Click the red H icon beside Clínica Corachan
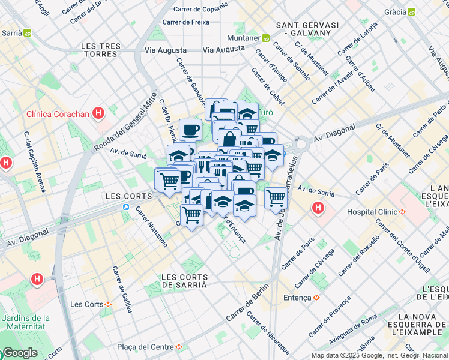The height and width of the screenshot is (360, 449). click(x=99, y=113)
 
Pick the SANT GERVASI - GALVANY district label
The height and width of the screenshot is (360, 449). click(x=307, y=29)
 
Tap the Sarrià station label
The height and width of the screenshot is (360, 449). click(x=15, y=33)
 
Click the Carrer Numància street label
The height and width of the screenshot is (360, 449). click(x=151, y=227)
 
